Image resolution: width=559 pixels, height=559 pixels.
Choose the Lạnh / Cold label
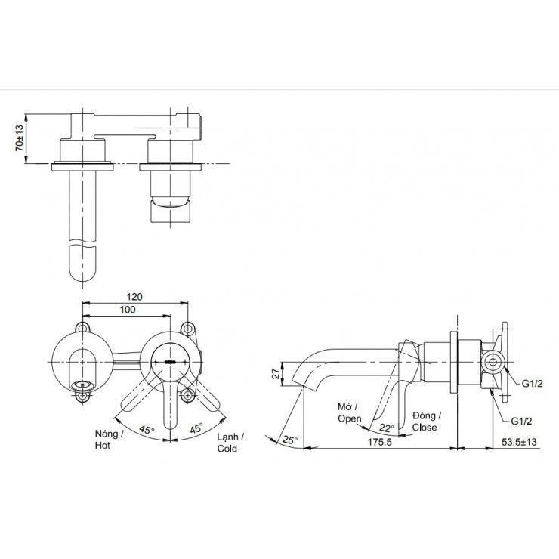(227, 443)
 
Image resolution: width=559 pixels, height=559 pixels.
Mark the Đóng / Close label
(426, 421)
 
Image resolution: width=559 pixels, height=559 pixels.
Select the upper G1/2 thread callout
(532, 385)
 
